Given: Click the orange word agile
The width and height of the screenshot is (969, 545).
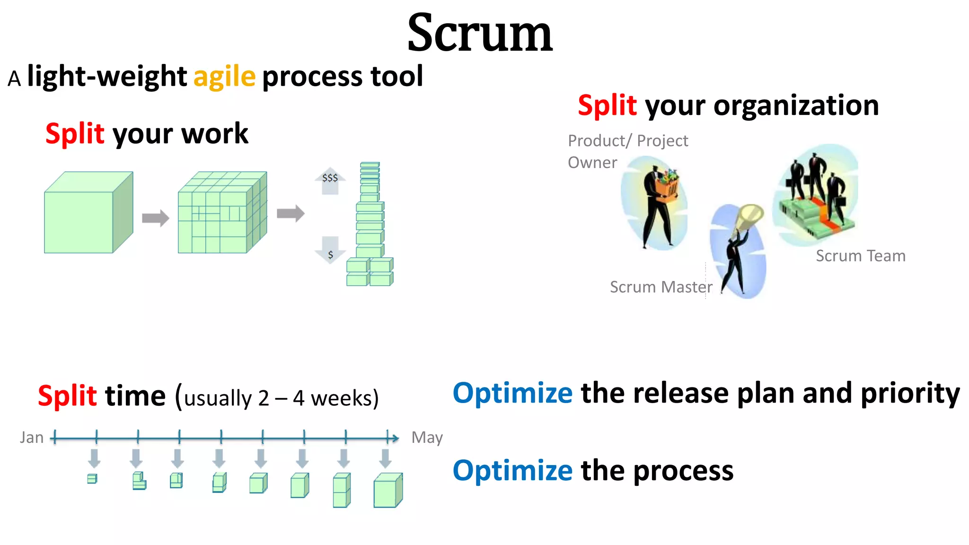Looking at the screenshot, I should tap(224, 77).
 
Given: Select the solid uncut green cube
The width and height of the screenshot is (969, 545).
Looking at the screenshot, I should tap(88, 213).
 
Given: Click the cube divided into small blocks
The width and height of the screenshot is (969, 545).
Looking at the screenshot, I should tap(221, 213).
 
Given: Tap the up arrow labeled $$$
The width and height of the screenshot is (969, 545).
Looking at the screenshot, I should tap(330, 180).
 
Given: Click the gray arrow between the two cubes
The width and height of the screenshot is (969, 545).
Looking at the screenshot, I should tap(155, 218).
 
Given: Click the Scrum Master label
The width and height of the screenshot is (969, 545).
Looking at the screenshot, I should tap(661, 287).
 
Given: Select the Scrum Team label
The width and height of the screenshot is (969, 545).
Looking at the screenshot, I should tap(860, 256).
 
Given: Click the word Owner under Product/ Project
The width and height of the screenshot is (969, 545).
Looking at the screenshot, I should tap(592, 163).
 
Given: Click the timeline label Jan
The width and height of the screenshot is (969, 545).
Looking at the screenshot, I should tap(32, 438).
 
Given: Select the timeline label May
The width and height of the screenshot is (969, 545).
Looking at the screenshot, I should tap(427, 438).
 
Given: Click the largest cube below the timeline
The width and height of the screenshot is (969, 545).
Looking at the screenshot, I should tap(388, 491).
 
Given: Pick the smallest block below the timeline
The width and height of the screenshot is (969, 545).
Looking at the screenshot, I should tap(92, 479).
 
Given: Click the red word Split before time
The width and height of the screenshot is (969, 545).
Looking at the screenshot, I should tap(67, 396).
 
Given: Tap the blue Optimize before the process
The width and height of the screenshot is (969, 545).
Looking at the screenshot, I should tap(512, 471).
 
